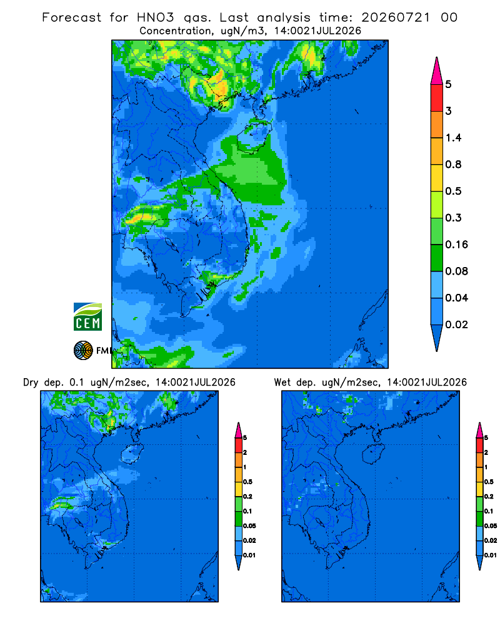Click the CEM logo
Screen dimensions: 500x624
87,316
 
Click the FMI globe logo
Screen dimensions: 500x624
83,351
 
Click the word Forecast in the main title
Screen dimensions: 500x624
72,17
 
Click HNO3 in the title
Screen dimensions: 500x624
155,17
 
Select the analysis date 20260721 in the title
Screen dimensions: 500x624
396,17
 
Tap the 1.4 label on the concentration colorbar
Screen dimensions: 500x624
453,138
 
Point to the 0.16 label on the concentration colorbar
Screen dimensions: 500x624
456,245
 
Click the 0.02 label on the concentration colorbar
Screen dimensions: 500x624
456,324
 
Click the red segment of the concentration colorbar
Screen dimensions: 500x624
437,98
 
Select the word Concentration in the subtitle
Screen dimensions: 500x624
176,31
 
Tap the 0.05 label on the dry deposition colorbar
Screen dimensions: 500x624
249,525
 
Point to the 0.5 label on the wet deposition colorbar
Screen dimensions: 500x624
489,482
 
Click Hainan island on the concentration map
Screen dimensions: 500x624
254,137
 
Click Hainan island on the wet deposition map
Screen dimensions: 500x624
374,454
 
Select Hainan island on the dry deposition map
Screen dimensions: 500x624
132,454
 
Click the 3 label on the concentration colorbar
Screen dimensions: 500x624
449,111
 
